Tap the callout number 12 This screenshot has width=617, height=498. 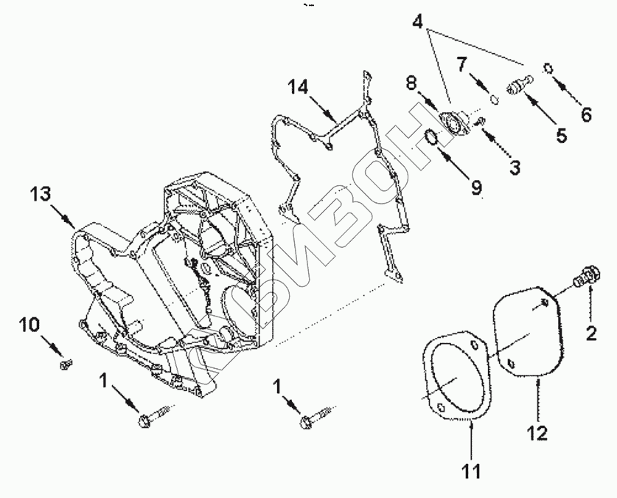click(x=537, y=432)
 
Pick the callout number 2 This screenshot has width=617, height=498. click(x=590, y=333)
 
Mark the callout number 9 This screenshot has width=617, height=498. click(x=476, y=189)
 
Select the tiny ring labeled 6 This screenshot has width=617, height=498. click(x=548, y=69)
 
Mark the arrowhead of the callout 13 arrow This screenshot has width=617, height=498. click(x=74, y=224)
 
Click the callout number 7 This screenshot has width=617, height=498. click(x=461, y=63)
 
